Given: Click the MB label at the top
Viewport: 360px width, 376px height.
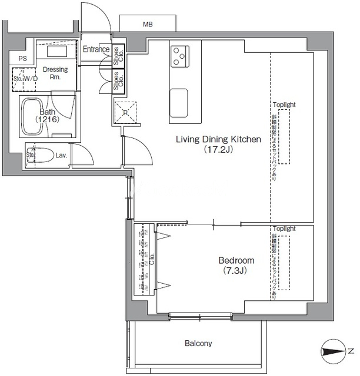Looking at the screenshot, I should coord(147,24).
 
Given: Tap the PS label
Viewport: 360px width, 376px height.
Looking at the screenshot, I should coord(22,58).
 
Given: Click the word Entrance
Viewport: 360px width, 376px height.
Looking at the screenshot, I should coord(95,49).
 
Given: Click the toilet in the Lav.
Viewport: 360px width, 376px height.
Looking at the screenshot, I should coord(41,156).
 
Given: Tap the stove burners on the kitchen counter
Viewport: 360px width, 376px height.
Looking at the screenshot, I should coord(179,56).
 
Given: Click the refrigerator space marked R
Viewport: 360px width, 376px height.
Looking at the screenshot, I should coord(125,112).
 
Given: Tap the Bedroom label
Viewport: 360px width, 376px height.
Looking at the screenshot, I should coord(236,260).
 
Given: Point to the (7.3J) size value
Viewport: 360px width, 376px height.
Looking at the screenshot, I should coord(234,271).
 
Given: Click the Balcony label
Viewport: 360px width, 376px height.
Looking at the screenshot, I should coord(198,343).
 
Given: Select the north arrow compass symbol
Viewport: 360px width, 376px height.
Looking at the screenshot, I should coord(336,352).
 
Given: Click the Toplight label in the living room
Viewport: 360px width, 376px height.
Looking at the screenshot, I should coord(284,105).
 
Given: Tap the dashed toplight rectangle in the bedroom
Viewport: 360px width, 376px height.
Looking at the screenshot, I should coord(284,263).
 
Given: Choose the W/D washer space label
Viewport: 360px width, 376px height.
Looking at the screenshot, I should coord(30,79).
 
